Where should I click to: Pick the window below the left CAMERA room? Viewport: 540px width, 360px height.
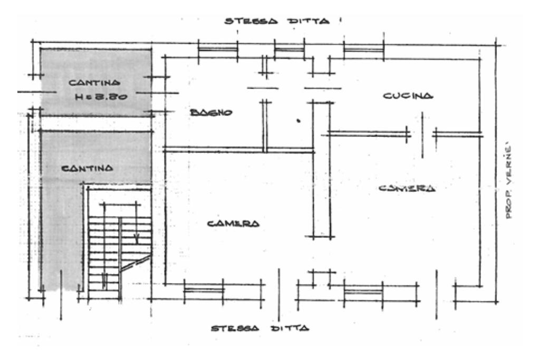(x=204, y=289)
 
